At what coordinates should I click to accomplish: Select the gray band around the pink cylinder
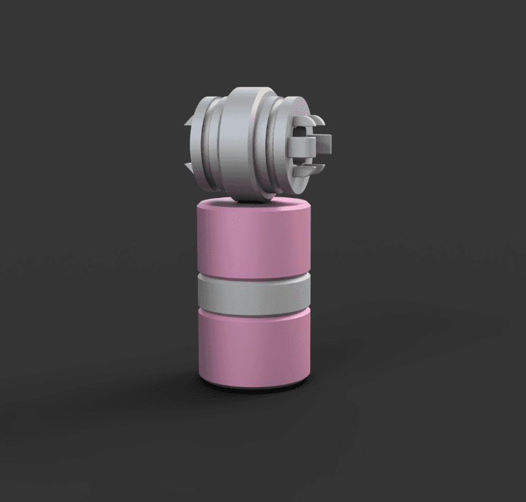tap(253, 293)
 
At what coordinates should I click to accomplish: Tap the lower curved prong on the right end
tap(311, 166)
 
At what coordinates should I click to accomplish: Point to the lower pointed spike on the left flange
tap(188, 166)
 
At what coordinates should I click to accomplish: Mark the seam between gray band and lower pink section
tap(253, 310)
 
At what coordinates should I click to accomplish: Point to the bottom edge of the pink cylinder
tap(253, 386)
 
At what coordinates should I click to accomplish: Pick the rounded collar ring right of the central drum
tap(280, 145)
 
